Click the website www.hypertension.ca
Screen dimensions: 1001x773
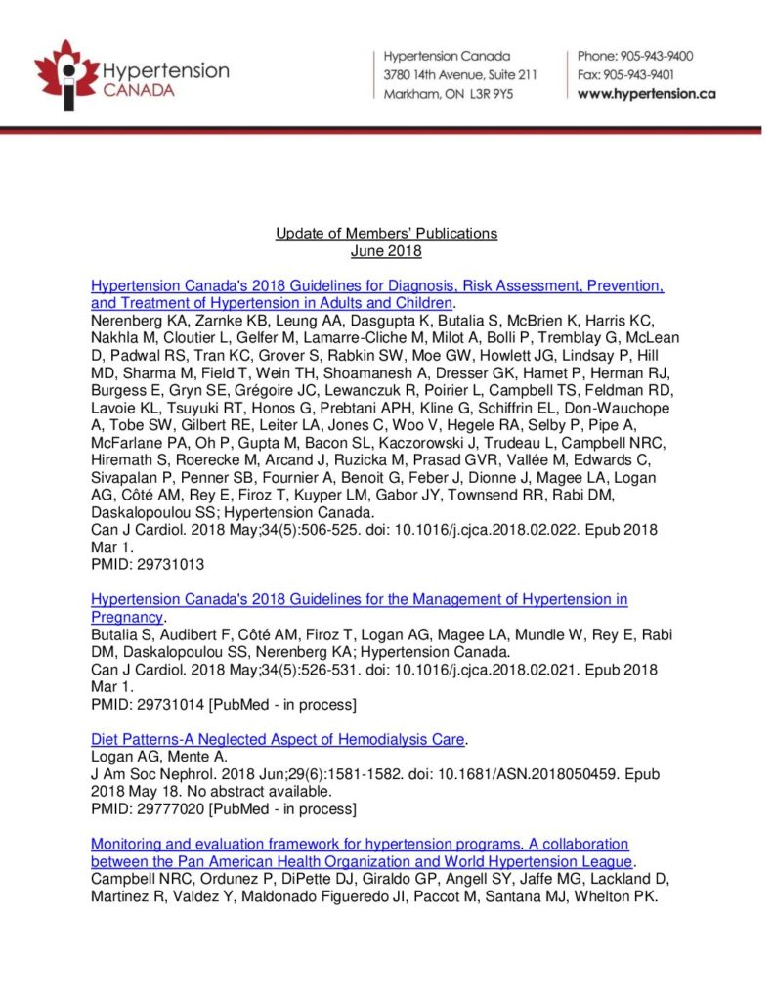(647, 94)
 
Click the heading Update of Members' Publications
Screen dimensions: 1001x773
(386, 233)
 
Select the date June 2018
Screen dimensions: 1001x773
(386, 250)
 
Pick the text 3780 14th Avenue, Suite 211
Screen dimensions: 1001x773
(460, 74)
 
